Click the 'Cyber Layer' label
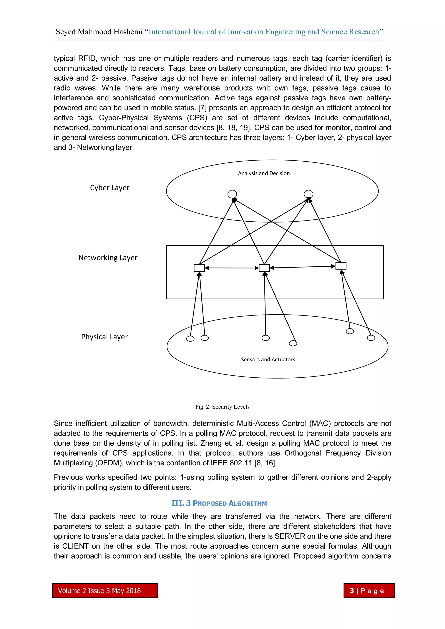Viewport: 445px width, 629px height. (x=110, y=188)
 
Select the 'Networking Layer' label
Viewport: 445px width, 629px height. (x=108, y=257)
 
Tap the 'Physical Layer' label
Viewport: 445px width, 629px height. (x=104, y=337)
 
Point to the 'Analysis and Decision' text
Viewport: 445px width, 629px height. (x=264, y=173)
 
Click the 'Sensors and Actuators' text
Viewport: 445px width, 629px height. (x=268, y=359)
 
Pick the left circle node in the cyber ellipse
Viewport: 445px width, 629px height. (x=232, y=194)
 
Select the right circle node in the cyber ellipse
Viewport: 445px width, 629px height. (x=308, y=194)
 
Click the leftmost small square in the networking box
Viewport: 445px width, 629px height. (x=199, y=268)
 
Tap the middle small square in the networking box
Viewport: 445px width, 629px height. (x=264, y=268)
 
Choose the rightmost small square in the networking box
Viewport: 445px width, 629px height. (x=341, y=266)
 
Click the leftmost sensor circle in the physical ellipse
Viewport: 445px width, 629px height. (x=190, y=339)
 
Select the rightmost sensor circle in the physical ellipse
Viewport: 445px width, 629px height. (x=371, y=338)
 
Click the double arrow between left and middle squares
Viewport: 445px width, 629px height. (x=232, y=268)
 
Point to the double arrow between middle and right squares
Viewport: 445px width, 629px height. (x=302, y=267)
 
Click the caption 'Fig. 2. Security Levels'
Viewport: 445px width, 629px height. (x=222, y=407)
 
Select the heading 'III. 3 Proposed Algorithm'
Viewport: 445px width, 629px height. (x=219, y=503)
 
